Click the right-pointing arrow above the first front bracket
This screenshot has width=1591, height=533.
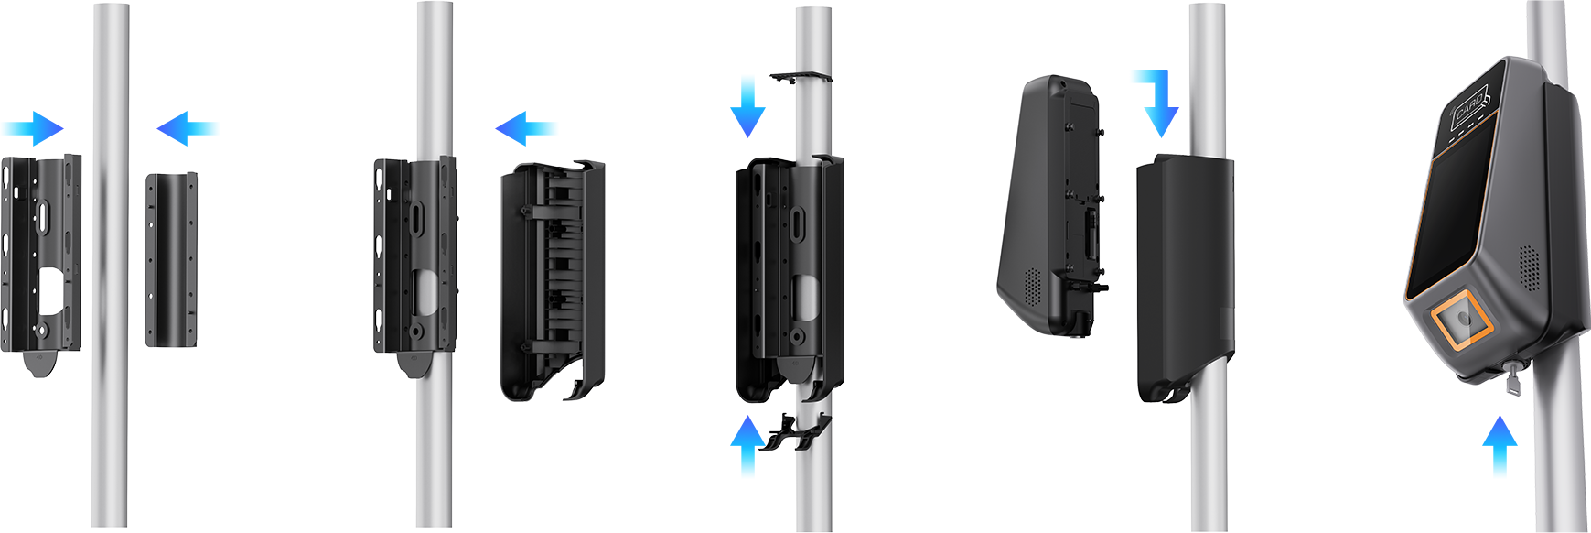tap(46, 134)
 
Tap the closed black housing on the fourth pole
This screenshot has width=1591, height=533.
tap(1185, 275)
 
